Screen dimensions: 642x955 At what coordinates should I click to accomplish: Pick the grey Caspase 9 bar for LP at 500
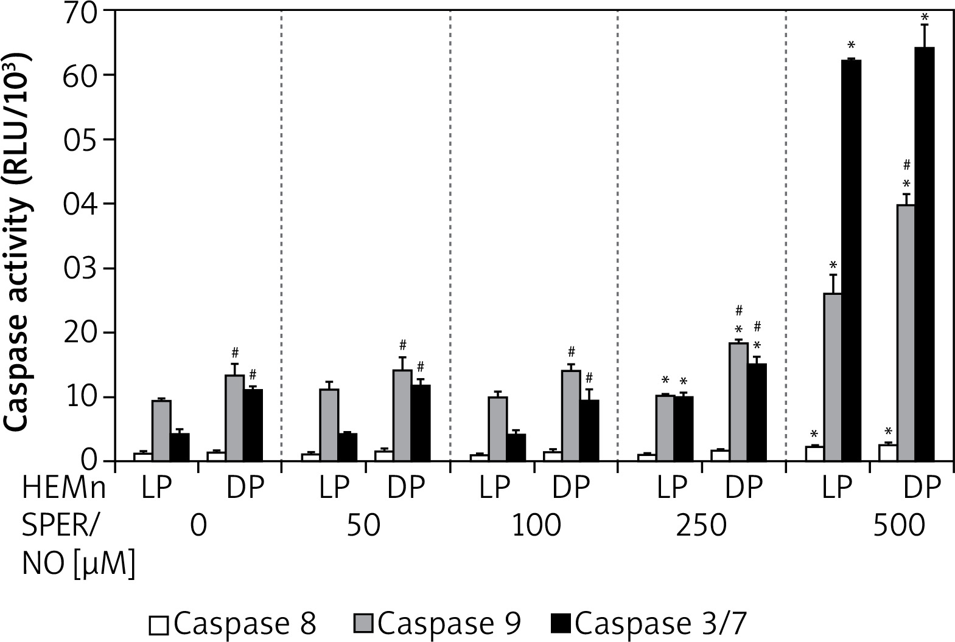[x=833, y=377]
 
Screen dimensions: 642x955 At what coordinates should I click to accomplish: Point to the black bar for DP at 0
[x=253, y=426]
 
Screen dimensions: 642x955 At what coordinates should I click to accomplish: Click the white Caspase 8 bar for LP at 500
[x=814, y=454]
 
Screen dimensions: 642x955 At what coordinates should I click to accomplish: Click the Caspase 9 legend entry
[x=437, y=624]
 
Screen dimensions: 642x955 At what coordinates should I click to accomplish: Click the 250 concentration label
[x=701, y=526]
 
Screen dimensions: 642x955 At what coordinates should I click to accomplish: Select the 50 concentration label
[x=363, y=526]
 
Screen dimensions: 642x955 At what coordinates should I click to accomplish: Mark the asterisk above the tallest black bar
[x=925, y=16]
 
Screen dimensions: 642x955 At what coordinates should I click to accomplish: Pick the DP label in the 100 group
[x=571, y=488]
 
